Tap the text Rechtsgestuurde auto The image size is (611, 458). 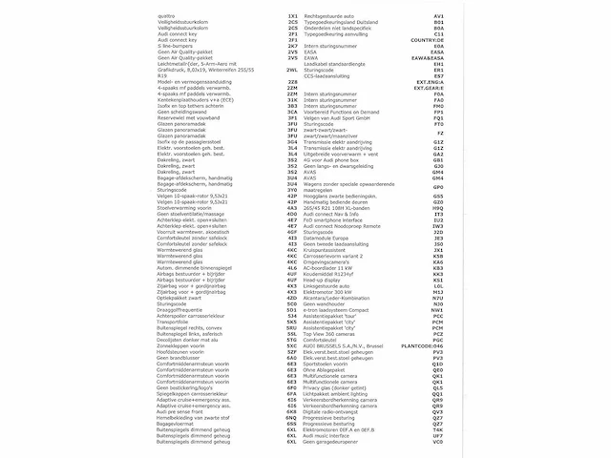pyautogui.click(x=333, y=16)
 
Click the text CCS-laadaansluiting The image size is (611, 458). pyautogui.click(x=330, y=76)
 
